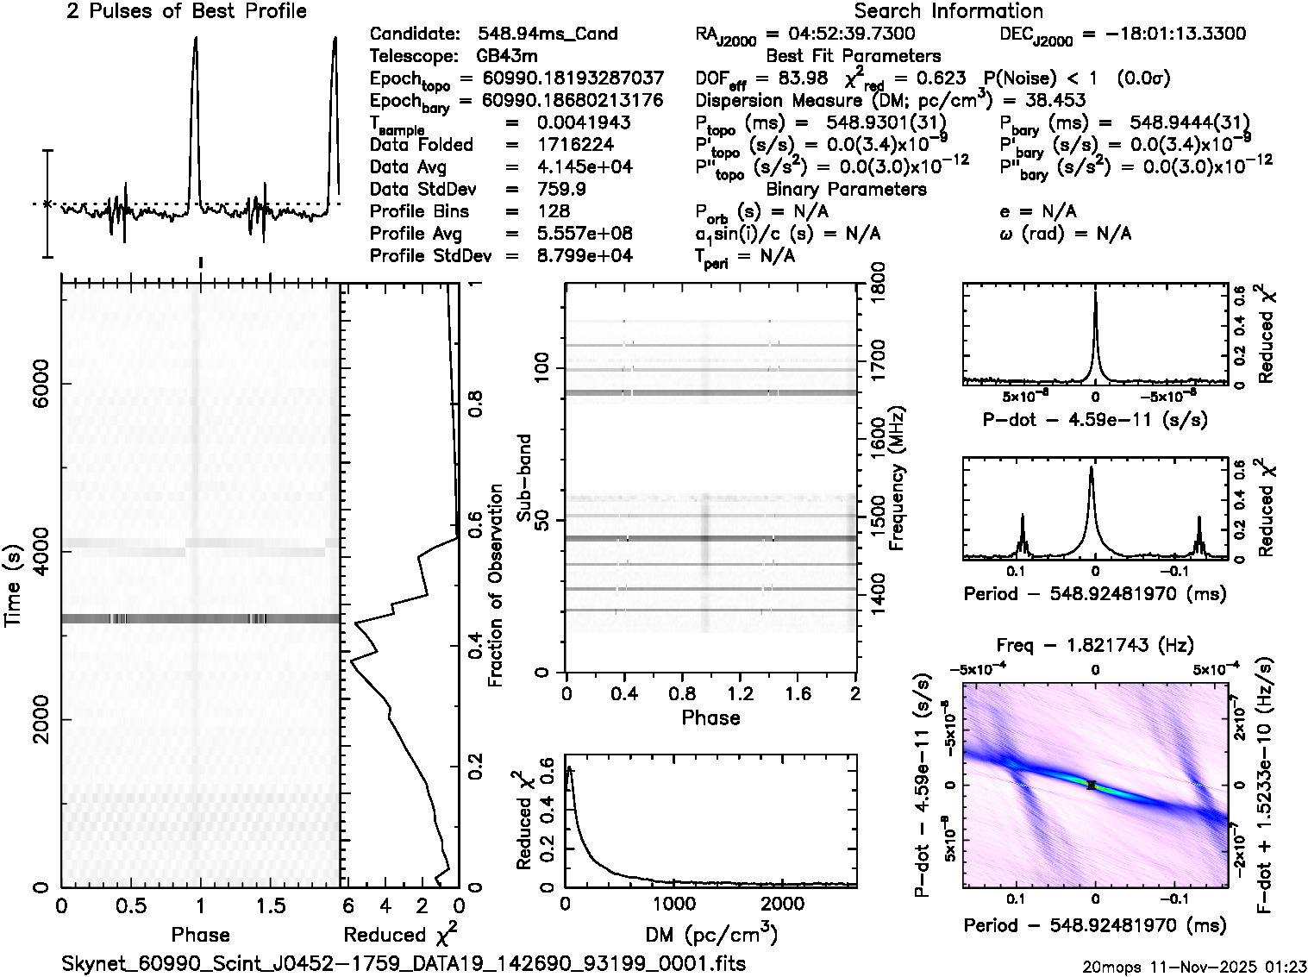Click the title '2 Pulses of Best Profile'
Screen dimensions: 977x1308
coord(186,11)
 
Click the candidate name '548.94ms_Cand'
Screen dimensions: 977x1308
coord(548,34)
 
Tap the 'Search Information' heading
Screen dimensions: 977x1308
coord(948,11)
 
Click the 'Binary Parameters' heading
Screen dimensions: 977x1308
coord(846,189)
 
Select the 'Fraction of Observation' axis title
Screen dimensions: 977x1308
coord(496,586)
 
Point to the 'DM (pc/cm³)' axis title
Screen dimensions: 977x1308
coord(710,934)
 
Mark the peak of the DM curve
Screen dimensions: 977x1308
coord(569,767)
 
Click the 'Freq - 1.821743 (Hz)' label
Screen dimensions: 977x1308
coord(1095,644)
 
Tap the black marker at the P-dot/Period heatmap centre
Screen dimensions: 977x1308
coord(1092,785)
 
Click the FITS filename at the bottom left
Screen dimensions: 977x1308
coord(404,962)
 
